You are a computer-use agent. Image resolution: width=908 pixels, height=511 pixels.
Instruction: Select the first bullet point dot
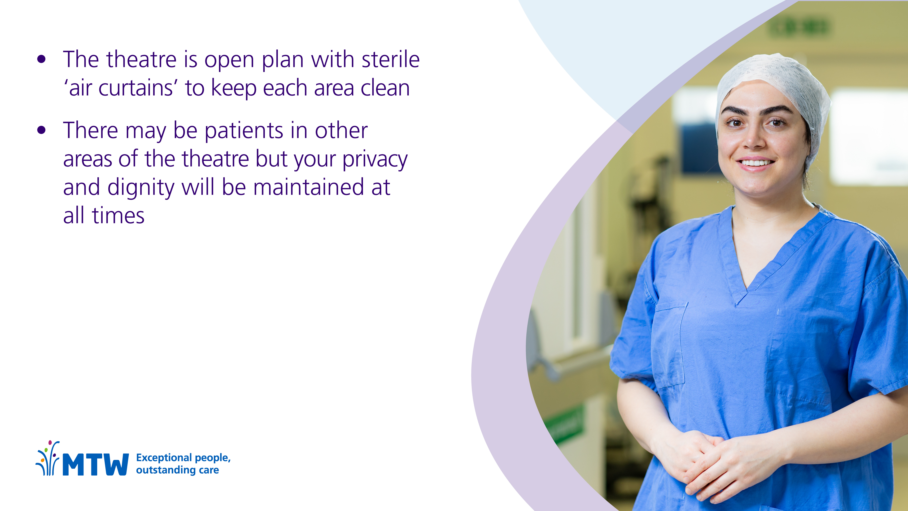tap(41, 59)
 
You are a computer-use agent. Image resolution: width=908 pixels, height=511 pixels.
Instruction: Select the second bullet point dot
tap(41, 130)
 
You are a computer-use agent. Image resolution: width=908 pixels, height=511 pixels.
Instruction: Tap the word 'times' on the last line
tap(118, 216)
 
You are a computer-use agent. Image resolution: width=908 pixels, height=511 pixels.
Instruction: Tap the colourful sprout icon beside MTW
tap(48, 458)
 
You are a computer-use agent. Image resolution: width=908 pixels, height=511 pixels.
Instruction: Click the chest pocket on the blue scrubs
tap(669, 344)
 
